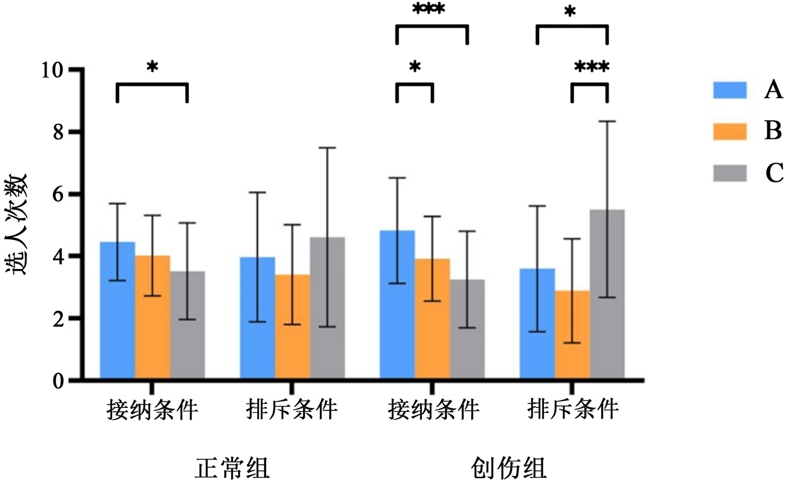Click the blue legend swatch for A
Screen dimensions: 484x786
point(730,90)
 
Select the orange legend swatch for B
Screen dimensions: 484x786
point(730,132)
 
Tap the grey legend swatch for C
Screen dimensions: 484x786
point(730,173)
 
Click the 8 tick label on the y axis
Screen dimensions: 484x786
point(58,132)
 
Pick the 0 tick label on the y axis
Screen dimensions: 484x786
point(58,381)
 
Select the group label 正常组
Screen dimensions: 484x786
point(232,468)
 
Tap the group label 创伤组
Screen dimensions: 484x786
point(508,468)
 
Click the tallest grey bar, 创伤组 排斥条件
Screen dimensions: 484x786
point(607,295)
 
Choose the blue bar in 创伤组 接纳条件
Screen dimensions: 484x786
point(397,304)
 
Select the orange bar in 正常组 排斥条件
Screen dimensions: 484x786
point(292,326)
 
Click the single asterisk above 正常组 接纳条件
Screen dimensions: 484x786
point(152,67)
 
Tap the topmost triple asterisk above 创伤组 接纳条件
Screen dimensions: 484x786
point(429,9)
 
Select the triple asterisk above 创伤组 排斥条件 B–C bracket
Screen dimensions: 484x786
point(591,66)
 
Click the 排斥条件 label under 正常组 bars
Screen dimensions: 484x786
point(292,409)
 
